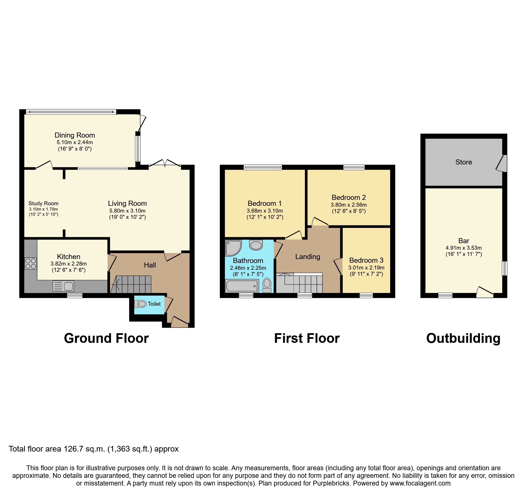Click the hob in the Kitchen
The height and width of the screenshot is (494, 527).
coord(31,264)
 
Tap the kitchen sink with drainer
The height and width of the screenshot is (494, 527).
coord(63,286)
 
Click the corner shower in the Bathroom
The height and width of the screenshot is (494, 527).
coord(233,248)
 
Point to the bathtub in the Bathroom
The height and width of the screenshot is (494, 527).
coord(242,286)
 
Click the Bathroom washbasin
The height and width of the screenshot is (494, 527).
coord(256,245)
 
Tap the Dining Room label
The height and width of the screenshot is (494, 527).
coord(75,135)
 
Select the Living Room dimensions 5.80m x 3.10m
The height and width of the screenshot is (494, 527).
coord(127,211)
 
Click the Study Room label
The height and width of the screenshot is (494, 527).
coord(43,204)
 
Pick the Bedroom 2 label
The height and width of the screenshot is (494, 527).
coord(348,198)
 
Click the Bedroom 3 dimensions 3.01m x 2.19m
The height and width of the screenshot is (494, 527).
coord(366,268)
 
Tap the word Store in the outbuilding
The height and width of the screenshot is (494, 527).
coord(464,162)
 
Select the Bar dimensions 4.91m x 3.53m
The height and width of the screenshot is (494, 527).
coord(464,248)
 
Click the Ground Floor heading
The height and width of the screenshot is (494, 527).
coord(106,338)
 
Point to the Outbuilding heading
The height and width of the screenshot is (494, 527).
coord(463,338)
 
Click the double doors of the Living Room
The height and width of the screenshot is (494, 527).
coord(165,164)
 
